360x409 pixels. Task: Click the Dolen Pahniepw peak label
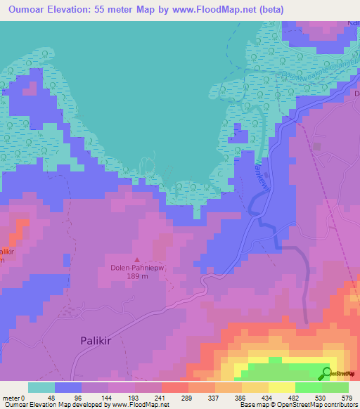coord(138,267)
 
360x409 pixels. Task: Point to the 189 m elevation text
coord(138,276)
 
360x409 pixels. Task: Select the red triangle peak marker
coord(138,258)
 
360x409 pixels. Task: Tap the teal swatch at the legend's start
coord(41,387)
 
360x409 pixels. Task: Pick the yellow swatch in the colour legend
coord(281,387)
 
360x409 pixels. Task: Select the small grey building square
coord(317,147)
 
